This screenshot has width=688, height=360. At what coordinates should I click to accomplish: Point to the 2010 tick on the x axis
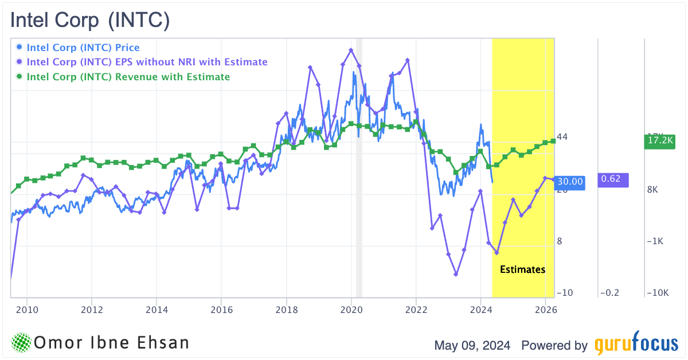point(27,310)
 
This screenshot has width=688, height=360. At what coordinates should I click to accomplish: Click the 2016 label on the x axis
point(221,310)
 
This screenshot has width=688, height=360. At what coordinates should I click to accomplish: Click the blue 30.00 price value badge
point(570,182)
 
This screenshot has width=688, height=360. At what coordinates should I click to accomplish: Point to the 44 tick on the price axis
point(562,136)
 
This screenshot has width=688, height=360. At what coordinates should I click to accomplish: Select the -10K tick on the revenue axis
point(657,293)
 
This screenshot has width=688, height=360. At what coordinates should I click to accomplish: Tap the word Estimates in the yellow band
point(522,269)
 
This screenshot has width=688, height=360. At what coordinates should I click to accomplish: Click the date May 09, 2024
point(474,346)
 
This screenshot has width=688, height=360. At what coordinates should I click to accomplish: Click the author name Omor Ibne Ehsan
point(112,343)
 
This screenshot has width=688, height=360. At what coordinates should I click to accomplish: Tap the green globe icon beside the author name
point(21,343)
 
